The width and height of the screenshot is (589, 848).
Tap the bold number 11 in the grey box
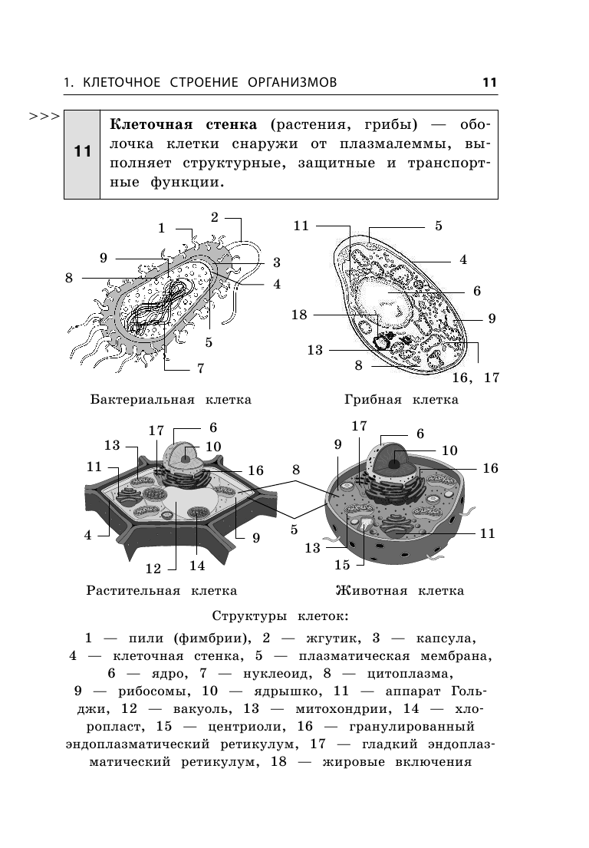coord(82,152)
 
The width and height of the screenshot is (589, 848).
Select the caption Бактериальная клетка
coord(170,399)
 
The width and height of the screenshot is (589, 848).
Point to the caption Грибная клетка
coord(401,399)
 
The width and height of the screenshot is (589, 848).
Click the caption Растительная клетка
coord(161,590)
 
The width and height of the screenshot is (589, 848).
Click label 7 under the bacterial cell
coord(200,368)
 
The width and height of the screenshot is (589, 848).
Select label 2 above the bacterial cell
coord(215,217)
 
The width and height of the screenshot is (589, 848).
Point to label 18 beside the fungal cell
coord(299,315)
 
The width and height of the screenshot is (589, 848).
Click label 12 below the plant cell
coord(153,569)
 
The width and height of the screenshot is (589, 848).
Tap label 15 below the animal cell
coord(342,565)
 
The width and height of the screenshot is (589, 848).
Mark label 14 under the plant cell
coord(197,566)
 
